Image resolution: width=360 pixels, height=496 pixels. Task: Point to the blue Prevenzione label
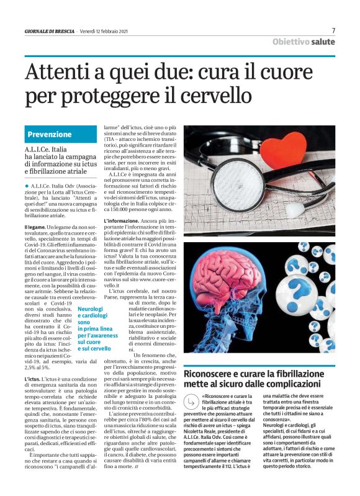(50, 134)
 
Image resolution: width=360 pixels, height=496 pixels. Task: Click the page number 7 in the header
(333, 30)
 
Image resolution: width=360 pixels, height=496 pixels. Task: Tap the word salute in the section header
(323, 42)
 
